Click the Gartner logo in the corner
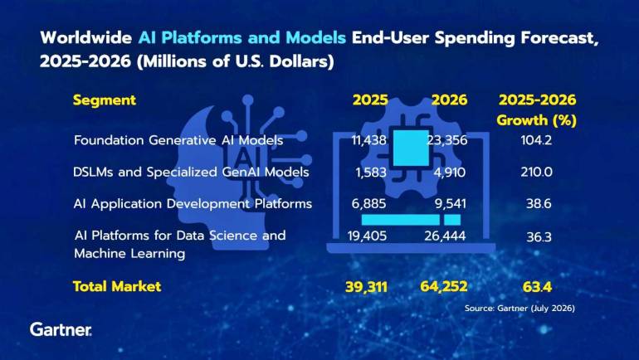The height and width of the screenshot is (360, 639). [61, 329]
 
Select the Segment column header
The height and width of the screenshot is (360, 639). [105, 100]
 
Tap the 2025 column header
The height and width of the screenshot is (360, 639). [370, 100]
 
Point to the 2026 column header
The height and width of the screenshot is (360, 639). [450, 100]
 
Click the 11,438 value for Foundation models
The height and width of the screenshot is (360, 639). [368, 140]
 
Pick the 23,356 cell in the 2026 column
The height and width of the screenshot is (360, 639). [447, 140]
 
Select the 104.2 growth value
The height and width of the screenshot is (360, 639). [536, 140]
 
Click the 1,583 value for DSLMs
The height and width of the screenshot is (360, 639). [371, 173]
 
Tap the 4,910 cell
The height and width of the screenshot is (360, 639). [450, 173]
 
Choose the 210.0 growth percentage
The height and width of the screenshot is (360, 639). [537, 172]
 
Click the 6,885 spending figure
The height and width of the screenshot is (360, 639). [368, 203]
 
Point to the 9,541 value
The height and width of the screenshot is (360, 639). [451, 203]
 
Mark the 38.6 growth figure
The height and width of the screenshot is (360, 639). [539, 203]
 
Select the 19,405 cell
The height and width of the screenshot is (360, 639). [367, 236]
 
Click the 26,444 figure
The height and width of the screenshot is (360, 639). [445, 236]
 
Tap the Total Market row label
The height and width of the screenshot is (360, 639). [117, 287]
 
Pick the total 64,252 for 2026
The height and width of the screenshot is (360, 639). [444, 287]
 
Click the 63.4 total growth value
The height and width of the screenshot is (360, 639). [537, 287]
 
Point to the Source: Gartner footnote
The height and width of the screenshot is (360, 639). [519, 309]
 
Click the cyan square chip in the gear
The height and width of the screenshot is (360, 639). [411, 148]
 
